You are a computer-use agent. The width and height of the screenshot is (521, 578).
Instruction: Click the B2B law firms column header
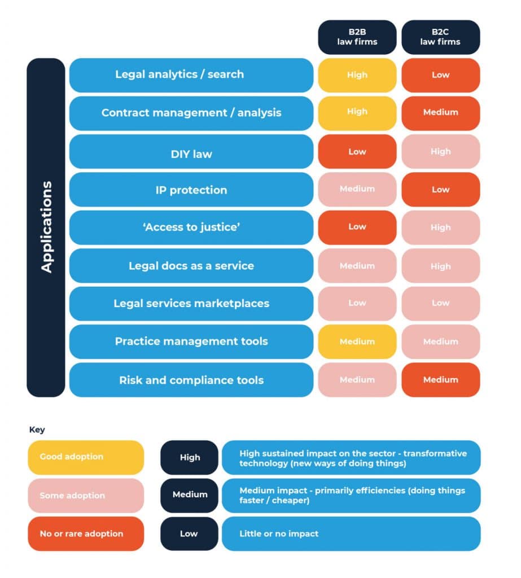pyautogui.click(x=357, y=37)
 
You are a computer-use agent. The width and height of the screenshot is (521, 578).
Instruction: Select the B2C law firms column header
pyautogui.click(x=440, y=37)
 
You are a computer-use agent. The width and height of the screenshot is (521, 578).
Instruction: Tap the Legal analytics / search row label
pyautogui.click(x=191, y=75)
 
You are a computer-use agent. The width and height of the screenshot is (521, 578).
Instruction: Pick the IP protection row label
pyautogui.click(x=191, y=190)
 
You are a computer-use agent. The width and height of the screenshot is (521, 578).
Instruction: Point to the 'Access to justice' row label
pyautogui.click(x=191, y=227)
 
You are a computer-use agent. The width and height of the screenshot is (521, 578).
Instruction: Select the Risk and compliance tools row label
pyautogui.click(x=191, y=380)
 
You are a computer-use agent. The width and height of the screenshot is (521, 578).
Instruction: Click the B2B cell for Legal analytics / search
pyautogui.click(x=357, y=75)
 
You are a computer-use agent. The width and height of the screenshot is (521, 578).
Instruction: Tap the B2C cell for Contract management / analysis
pyautogui.click(x=440, y=112)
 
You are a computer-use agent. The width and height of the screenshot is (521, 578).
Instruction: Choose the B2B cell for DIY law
pyautogui.click(x=357, y=151)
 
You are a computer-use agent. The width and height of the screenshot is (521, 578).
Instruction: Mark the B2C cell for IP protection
pyautogui.click(x=440, y=190)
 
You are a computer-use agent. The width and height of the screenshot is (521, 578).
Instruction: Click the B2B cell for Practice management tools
pyautogui.click(x=357, y=341)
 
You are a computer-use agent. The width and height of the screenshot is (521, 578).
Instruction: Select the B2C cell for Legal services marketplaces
pyautogui.click(x=440, y=303)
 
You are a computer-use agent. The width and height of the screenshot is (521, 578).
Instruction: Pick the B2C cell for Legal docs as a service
pyautogui.click(x=440, y=266)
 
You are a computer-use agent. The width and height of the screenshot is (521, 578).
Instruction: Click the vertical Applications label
pyautogui.click(x=46, y=227)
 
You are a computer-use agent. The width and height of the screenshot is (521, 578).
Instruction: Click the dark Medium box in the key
pyautogui.click(x=189, y=494)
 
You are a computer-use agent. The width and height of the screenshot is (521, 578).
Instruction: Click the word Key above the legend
pyautogui.click(x=37, y=430)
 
